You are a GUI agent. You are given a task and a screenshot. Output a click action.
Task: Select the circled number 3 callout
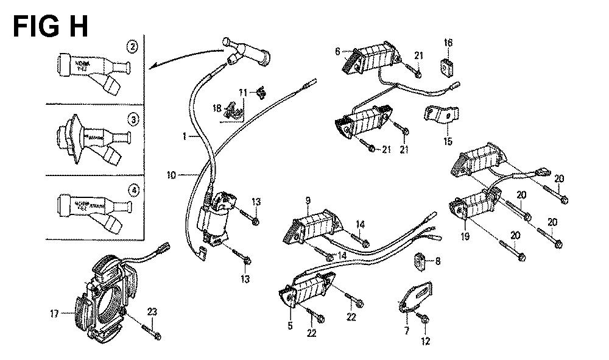click(132, 118)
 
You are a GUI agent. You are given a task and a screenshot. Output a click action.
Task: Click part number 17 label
click(54, 314)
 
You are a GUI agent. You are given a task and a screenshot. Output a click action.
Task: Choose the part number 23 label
click(152, 311)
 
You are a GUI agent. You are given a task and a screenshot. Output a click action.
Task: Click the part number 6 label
click(337, 51)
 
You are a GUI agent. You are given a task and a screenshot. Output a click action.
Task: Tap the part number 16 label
click(448, 43)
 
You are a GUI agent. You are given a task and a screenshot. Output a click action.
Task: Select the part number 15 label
click(448, 142)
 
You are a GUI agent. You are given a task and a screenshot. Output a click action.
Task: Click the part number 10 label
click(172, 175)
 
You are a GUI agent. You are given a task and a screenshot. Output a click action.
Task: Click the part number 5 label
click(290, 326)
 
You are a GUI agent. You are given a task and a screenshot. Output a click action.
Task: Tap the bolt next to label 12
click(425, 319)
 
